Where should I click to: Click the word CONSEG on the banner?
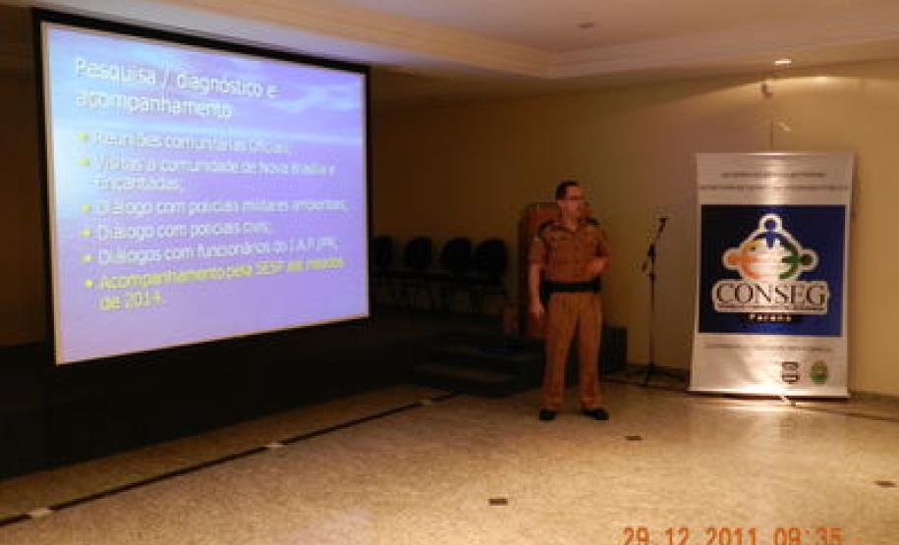point(770,293)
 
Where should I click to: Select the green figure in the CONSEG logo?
point(803,260)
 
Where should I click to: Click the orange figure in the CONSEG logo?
point(740,260)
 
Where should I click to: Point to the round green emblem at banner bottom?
point(818,372)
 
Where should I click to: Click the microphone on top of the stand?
point(661,226)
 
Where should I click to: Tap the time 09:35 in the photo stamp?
point(808,536)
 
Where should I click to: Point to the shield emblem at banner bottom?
point(789,372)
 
